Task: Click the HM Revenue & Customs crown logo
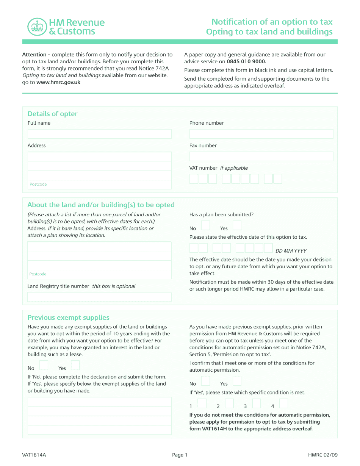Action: tap(37, 27)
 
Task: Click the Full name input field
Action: tap(99, 134)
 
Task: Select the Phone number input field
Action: tap(261, 134)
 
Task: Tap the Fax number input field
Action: tap(261, 156)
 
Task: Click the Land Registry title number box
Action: tap(99, 297)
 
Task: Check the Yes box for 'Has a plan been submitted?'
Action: tap(237, 226)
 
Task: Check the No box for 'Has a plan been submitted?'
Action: tap(205, 226)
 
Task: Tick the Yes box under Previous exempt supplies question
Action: tap(75, 365)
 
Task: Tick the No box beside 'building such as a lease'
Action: tap(44, 365)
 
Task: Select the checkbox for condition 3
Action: tap(257, 403)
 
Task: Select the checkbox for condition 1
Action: tap(202, 403)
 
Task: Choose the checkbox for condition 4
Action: tap(283, 403)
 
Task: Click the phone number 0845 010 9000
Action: tap(246, 61)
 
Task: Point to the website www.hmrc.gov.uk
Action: tap(58, 82)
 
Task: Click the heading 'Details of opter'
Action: tap(52, 114)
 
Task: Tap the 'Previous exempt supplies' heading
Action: tap(68, 317)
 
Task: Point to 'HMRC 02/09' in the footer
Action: tap(322, 455)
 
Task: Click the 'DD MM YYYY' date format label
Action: tap(291, 251)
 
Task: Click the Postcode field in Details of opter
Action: tap(99, 185)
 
